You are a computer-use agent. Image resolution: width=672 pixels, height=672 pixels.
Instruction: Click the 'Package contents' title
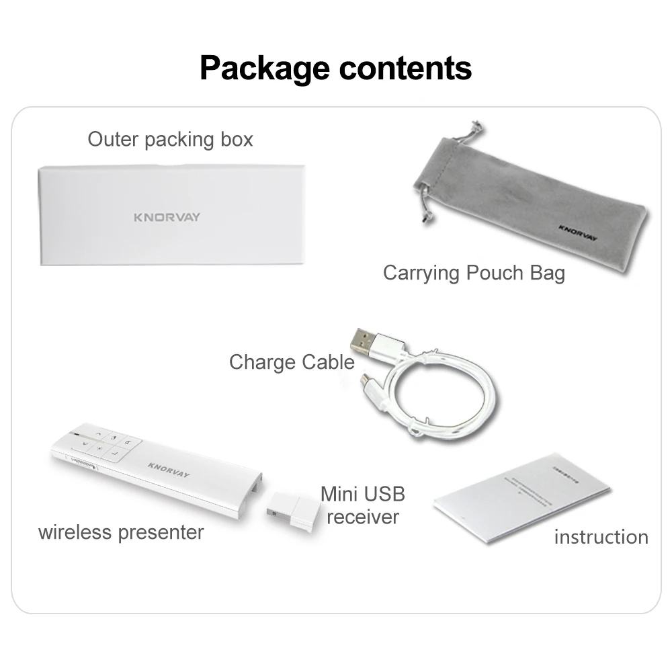point(335,68)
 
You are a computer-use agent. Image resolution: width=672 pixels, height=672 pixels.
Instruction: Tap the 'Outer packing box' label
point(171,140)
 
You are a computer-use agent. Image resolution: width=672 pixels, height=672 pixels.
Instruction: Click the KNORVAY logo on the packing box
point(166,217)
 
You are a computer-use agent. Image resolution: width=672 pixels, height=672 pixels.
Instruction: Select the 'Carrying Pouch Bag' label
point(474,273)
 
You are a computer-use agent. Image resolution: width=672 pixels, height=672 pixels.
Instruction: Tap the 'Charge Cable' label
point(291,362)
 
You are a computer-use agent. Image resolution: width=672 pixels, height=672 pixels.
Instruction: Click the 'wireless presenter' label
point(121,532)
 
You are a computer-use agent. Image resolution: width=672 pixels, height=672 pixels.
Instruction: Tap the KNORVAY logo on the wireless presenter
point(169,469)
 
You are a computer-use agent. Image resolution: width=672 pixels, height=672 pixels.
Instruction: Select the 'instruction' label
point(601,537)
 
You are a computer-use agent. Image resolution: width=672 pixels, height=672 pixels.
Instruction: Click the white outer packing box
point(171,215)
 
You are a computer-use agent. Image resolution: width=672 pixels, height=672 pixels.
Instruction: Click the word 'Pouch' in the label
point(494,273)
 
